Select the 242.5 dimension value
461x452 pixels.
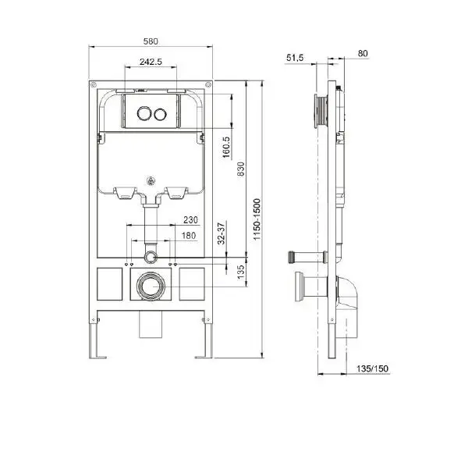pyautogui.click(x=151, y=62)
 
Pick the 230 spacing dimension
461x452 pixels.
pyautogui.click(x=190, y=220)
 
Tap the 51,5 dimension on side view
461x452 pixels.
pyautogui.click(x=295, y=57)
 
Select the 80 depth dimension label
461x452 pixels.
pyautogui.click(x=362, y=53)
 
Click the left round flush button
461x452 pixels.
pyautogui.click(x=143, y=114)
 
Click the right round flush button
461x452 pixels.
pyautogui.click(x=161, y=114)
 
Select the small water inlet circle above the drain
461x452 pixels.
pyautogui.click(x=151, y=256)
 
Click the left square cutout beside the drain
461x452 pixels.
pyautogui.click(x=109, y=283)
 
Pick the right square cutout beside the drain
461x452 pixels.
pyautogui.click(x=193, y=283)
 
